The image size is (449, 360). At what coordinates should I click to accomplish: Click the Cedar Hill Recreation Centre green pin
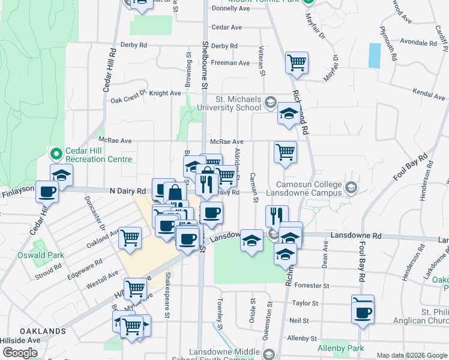56,154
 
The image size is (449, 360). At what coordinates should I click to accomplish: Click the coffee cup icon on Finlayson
47,191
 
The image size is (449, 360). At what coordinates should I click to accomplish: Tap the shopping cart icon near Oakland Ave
130,238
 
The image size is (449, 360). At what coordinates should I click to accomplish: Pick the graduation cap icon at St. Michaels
289,113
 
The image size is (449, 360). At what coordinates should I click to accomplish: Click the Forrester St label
313,286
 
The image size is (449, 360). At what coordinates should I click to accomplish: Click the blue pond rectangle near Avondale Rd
375,55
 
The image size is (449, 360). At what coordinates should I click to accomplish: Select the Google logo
20,353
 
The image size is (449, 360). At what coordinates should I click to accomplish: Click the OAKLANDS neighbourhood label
42,331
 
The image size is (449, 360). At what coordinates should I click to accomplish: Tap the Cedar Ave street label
226,28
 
